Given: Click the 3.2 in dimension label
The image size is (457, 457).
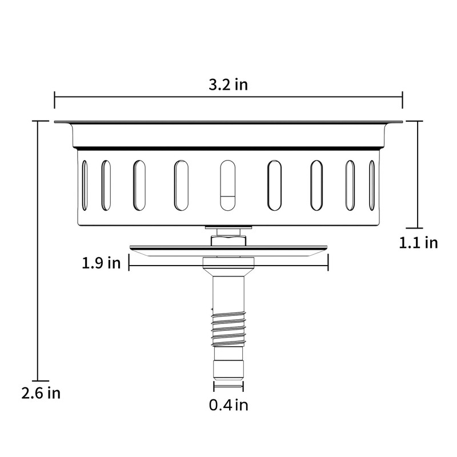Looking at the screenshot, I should [x=228, y=85].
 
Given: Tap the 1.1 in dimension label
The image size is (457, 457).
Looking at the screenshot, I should [x=418, y=242].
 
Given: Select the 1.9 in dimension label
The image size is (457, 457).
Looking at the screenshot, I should [x=101, y=263].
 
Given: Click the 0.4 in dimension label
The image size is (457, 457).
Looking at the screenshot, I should [x=228, y=406].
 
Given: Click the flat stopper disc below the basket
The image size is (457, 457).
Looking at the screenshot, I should [x=228, y=248].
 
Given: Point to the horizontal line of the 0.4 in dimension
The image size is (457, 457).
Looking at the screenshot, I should [x=228, y=387].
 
